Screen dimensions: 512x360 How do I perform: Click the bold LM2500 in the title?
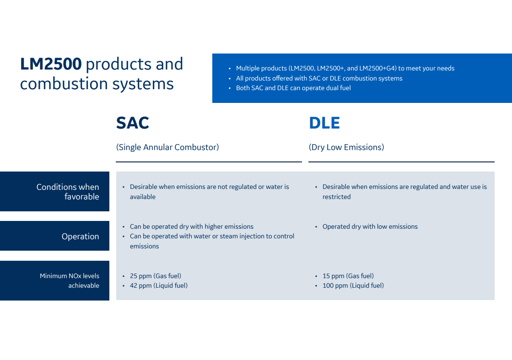point(51,64)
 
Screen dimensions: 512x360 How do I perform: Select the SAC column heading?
point(133,123)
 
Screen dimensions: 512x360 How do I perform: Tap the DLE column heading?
point(324,123)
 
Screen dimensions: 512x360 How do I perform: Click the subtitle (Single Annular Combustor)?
point(167,147)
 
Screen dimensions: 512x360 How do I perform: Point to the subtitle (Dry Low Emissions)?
point(346,147)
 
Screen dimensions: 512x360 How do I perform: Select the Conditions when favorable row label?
point(68,192)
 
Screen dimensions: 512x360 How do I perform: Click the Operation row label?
point(81,236)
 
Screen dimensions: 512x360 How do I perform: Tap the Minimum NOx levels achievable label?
point(70,281)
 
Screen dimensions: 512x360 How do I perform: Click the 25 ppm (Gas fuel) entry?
point(156,276)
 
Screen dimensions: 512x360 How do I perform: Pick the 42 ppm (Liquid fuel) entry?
point(159,285)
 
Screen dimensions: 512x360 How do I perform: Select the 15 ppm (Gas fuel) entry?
point(348,276)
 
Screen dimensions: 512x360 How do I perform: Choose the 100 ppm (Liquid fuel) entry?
point(353,285)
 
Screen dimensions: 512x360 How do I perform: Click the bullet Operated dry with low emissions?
point(370,226)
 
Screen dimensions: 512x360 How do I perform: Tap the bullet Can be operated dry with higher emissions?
point(192,226)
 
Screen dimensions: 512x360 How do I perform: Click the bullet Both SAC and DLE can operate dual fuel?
point(293,88)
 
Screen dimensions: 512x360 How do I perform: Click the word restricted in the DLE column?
point(337,197)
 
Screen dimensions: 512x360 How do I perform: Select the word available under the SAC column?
point(143,197)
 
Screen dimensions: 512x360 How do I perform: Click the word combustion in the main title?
point(64,84)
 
